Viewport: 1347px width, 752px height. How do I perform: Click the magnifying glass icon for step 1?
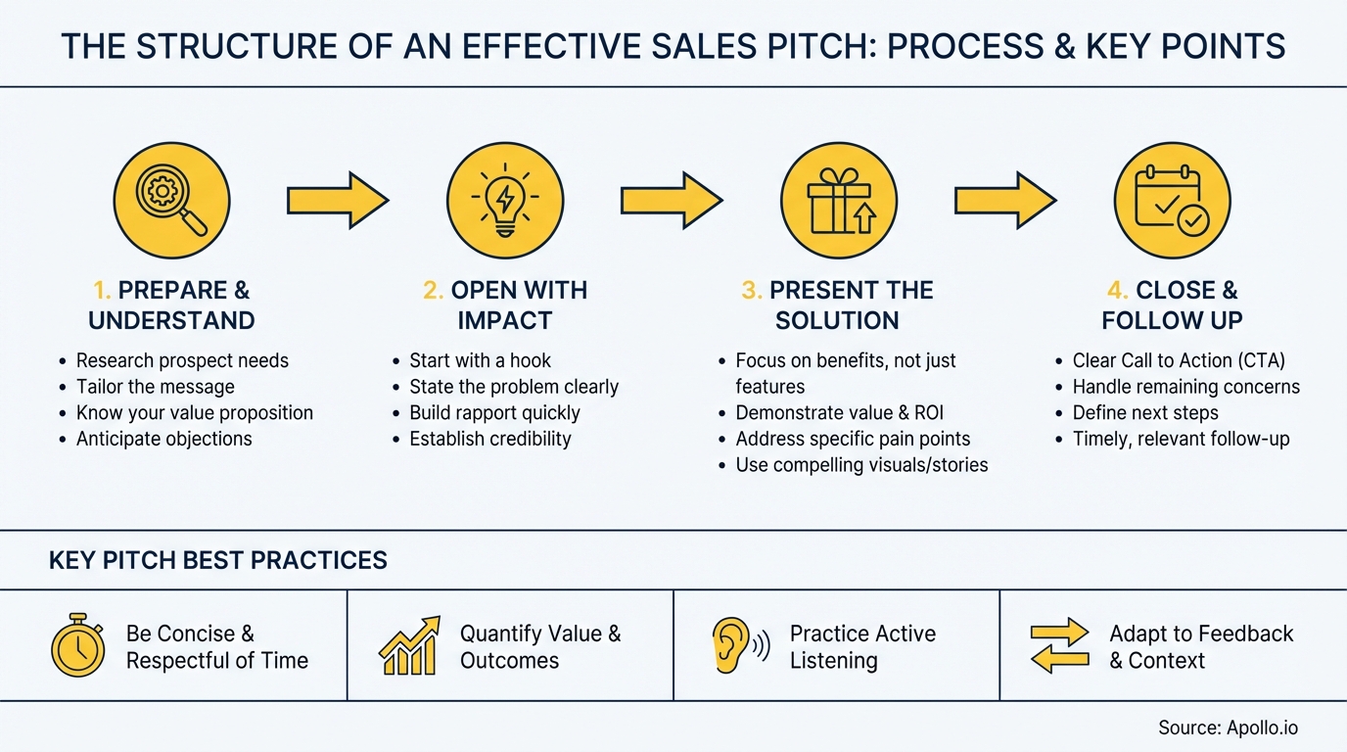tap(172, 201)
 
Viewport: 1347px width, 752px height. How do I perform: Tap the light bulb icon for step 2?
tap(505, 201)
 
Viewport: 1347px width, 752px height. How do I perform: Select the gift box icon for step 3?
tap(839, 201)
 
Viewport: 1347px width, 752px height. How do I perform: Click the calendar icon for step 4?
tap(1172, 201)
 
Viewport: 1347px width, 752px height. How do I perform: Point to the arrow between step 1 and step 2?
tap(338, 201)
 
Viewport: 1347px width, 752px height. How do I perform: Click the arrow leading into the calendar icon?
tap(1005, 201)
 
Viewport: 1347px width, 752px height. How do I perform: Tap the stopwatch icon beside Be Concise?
tap(77, 647)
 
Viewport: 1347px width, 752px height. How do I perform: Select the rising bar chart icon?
tap(408, 646)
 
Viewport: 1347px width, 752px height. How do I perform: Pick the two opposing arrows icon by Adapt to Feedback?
tap(1059, 646)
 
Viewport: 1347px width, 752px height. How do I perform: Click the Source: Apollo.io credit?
tap(1228, 728)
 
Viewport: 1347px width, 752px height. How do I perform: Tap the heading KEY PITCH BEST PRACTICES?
tap(217, 560)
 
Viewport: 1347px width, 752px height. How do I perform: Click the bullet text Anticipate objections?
tap(163, 439)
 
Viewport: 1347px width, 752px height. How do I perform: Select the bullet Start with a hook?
tap(480, 360)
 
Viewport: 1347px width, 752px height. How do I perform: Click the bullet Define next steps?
tap(1144, 412)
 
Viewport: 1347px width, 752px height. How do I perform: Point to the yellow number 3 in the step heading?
tap(751, 291)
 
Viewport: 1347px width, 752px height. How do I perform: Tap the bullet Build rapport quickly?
tap(494, 412)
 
